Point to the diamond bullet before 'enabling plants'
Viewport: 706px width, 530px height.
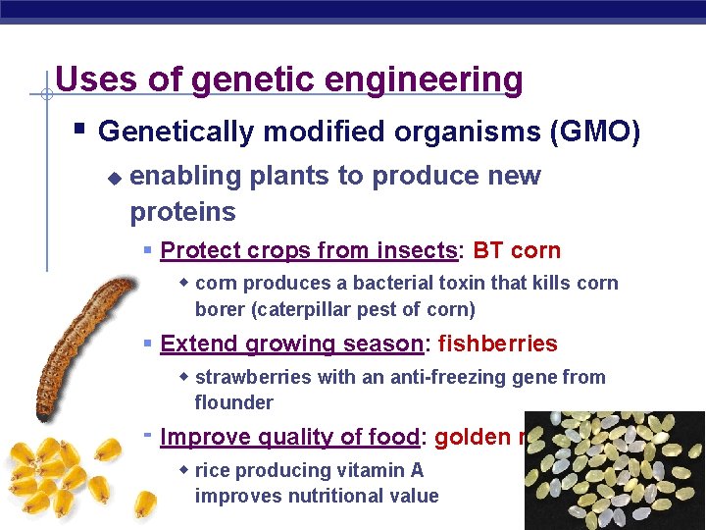114,178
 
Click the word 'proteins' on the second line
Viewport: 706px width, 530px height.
182,212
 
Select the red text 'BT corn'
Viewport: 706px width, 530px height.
517,250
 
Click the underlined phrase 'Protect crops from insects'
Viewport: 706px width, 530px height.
309,250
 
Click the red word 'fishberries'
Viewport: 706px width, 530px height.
497,344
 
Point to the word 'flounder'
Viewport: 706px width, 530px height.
233,402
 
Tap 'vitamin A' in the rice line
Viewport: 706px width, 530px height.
383,470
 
